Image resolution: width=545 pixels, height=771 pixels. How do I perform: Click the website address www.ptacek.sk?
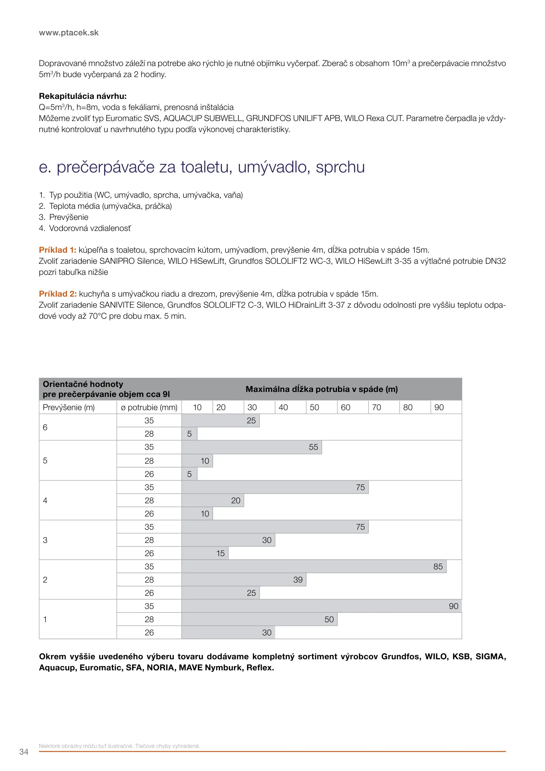point(69,33)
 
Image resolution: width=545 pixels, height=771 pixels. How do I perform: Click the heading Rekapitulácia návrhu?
point(82,96)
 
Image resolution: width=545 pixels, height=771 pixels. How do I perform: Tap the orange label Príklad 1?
point(57,250)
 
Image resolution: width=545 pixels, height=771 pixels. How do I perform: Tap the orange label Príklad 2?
point(58,294)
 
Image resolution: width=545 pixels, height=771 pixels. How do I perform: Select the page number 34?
point(24,752)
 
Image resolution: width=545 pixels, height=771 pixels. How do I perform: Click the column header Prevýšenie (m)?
point(69,407)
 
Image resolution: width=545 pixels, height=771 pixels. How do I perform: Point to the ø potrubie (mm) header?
point(149,407)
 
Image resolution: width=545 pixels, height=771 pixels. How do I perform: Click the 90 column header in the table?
point(439,407)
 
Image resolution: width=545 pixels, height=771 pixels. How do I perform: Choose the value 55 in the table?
point(313,447)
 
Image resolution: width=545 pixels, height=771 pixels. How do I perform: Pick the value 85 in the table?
point(438,566)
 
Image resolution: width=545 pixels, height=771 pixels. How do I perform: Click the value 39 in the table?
point(298,580)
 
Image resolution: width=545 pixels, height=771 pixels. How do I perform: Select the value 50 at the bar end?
point(329,619)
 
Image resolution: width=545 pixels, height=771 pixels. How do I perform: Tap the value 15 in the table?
point(221,553)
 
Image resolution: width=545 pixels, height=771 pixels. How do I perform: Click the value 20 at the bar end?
point(236,500)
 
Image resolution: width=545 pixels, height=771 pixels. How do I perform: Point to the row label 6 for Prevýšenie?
point(45,427)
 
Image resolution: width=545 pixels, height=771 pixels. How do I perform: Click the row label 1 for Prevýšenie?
point(45,619)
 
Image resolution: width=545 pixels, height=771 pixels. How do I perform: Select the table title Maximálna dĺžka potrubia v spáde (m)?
point(322,389)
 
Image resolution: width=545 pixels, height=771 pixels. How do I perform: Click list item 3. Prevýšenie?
point(64,217)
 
